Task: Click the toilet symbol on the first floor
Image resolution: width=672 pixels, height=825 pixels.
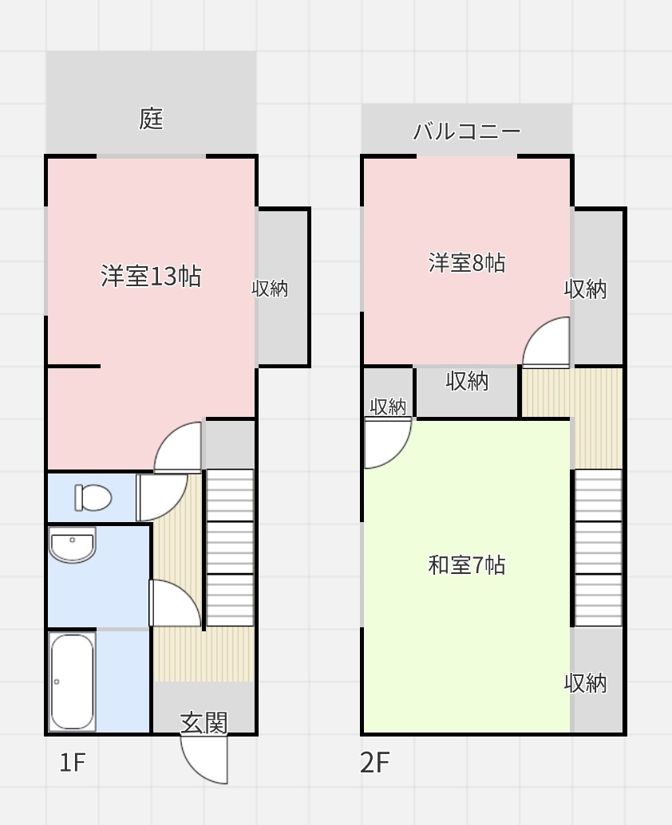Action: point(93,497)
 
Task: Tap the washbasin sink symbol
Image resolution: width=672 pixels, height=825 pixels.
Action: point(72,544)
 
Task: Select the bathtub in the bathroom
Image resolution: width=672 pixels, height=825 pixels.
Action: point(72,682)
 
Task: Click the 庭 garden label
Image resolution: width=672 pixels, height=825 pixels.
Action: point(151,119)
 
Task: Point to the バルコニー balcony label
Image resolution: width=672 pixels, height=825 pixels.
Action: point(467,131)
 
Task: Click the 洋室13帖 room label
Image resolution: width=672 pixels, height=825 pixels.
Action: point(151,276)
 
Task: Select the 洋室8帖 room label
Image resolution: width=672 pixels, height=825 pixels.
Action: point(467,262)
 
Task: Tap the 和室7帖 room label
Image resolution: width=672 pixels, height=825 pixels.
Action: point(467,565)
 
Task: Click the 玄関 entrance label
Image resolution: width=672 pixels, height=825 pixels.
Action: point(204,723)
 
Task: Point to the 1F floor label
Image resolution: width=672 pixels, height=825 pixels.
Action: point(72,762)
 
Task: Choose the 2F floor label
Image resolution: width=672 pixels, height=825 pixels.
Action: point(374,762)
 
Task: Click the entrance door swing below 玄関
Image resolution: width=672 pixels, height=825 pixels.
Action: point(204,759)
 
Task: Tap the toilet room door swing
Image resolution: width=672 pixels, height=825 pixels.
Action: point(161,497)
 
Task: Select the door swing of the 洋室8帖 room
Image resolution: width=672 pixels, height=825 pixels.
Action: point(546,341)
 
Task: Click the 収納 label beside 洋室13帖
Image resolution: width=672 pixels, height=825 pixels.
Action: point(270,289)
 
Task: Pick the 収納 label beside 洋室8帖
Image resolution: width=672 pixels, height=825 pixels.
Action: point(585,289)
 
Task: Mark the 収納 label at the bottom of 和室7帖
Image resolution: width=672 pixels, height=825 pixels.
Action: point(585,683)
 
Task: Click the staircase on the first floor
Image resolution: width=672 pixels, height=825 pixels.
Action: point(230,548)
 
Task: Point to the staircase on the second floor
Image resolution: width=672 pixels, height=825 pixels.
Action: point(599,548)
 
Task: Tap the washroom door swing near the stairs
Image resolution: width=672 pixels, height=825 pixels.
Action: point(175,603)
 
